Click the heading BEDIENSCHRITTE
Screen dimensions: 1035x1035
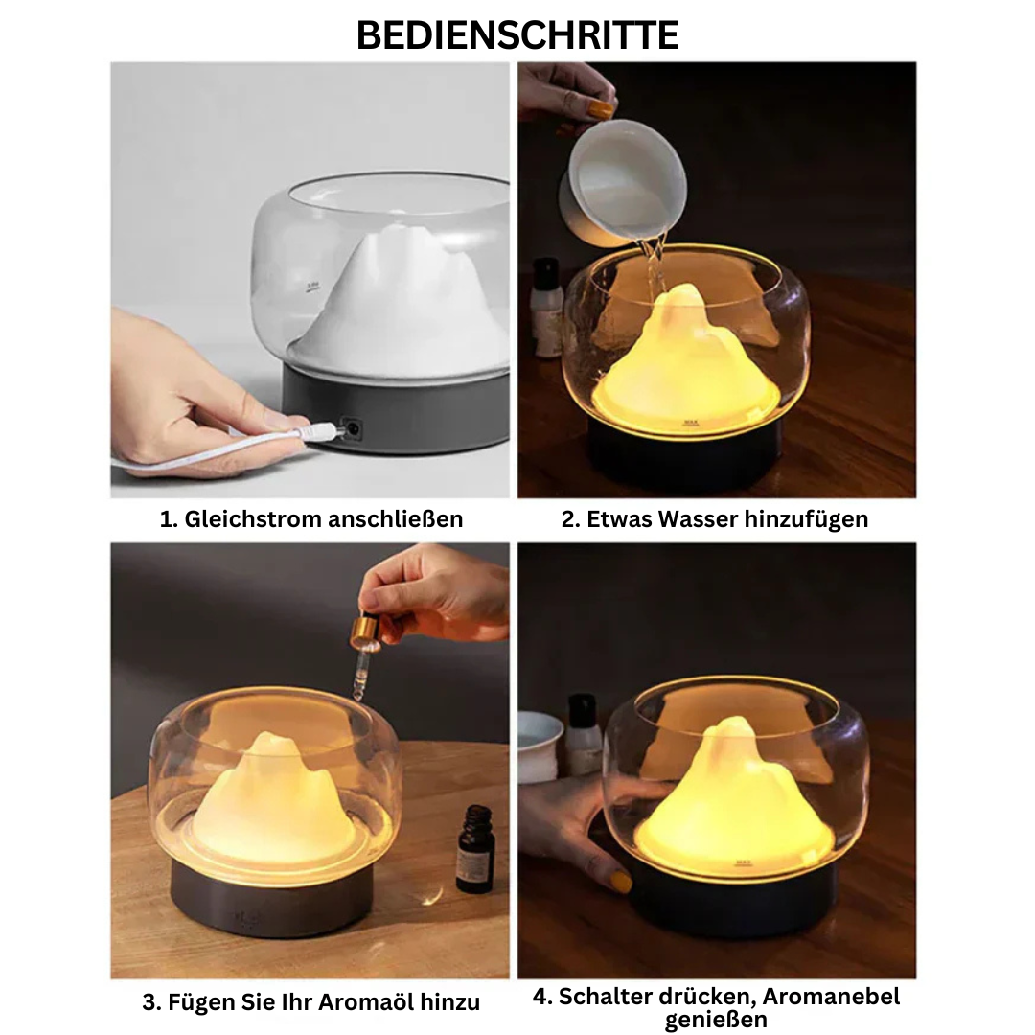(x=517, y=34)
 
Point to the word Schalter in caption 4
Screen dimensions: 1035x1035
(x=604, y=996)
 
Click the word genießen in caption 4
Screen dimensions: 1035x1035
(x=716, y=1020)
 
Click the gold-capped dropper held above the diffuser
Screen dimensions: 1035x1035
(x=365, y=632)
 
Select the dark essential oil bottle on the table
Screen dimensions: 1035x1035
(x=474, y=848)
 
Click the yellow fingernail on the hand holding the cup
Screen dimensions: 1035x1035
(x=602, y=109)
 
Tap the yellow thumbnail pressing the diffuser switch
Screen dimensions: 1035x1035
(x=621, y=880)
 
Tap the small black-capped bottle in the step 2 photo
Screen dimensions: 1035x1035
(x=546, y=307)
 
